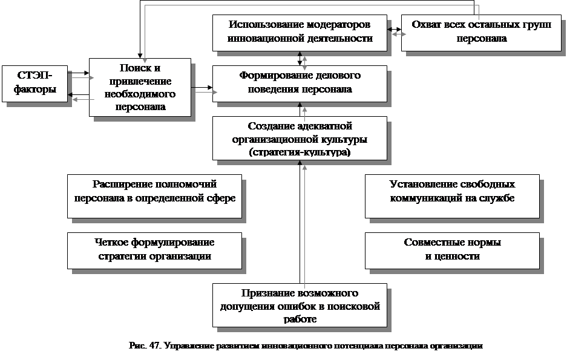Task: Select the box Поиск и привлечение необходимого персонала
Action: pos(140,87)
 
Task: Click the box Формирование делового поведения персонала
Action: pos(300,83)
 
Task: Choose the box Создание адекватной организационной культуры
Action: pos(300,139)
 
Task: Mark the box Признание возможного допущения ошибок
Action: pos(300,305)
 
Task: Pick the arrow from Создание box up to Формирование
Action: pos(300,110)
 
